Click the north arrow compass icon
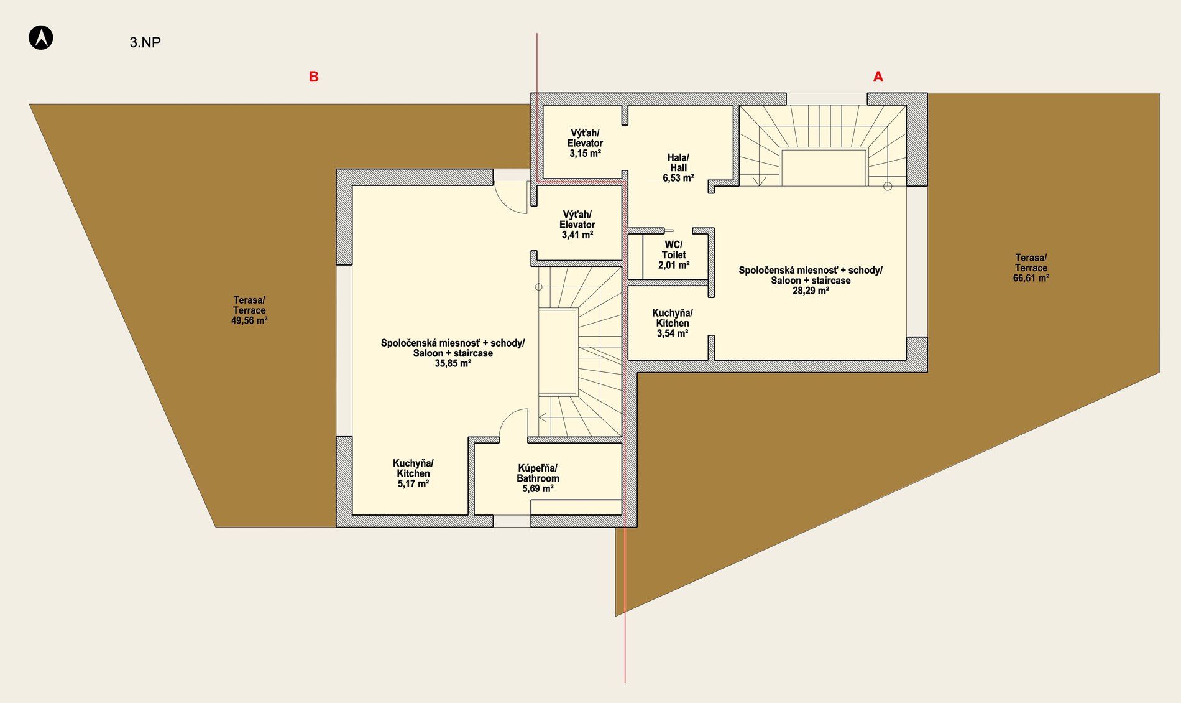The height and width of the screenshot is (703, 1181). click(x=41, y=37)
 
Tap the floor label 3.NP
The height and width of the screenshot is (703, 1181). click(x=145, y=42)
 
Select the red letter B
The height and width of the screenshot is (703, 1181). click(x=314, y=77)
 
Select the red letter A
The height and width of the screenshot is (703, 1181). click(x=878, y=77)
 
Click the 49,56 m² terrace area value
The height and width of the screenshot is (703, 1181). click(x=249, y=320)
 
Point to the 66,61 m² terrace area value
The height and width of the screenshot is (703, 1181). click(x=1031, y=278)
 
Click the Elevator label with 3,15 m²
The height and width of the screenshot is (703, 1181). click(x=585, y=143)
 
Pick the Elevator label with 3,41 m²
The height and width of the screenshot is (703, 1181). click(x=577, y=225)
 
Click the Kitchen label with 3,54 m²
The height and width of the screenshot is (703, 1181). click(x=673, y=323)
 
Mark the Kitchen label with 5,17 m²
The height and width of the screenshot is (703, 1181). click(x=413, y=473)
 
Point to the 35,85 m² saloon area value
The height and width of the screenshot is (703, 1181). click(x=453, y=363)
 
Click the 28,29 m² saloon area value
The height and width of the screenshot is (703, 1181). click(x=811, y=291)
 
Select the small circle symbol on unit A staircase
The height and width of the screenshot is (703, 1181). click(x=888, y=186)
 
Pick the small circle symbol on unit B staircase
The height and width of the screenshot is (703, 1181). click(x=539, y=287)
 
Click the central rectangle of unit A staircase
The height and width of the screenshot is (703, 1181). click(x=824, y=167)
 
